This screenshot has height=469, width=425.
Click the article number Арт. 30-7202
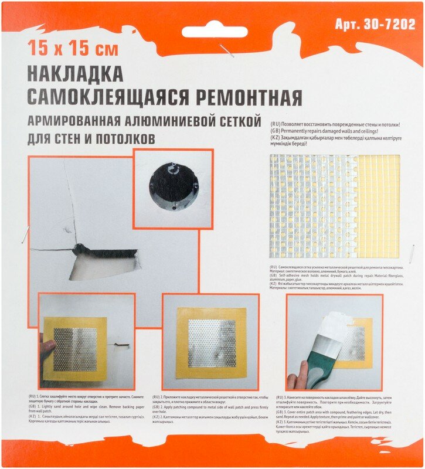click(x=375, y=25)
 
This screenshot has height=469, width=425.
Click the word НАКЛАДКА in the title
click(x=75, y=74)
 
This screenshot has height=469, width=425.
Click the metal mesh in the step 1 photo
click(x=75, y=349)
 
